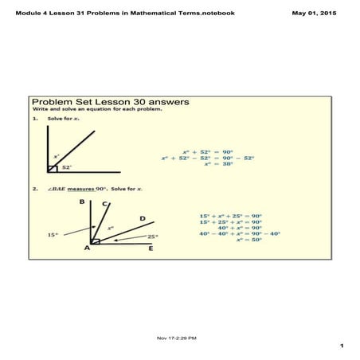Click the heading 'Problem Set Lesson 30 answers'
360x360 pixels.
pyautogui.click(x=110, y=102)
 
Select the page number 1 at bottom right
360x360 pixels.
pyautogui.click(x=340, y=346)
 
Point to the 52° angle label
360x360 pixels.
pyautogui.click(x=67, y=167)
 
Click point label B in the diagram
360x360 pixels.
pyautogui.click(x=81, y=202)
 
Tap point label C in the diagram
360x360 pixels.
pyautogui.click(x=105, y=204)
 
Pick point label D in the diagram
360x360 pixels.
pyautogui.click(x=143, y=217)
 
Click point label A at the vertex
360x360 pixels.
pyautogui.click(x=87, y=248)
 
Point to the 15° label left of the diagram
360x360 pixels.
pyautogui.click(x=53, y=235)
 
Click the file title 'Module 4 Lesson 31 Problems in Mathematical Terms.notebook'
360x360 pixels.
pyautogui.click(x=125, y=14)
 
